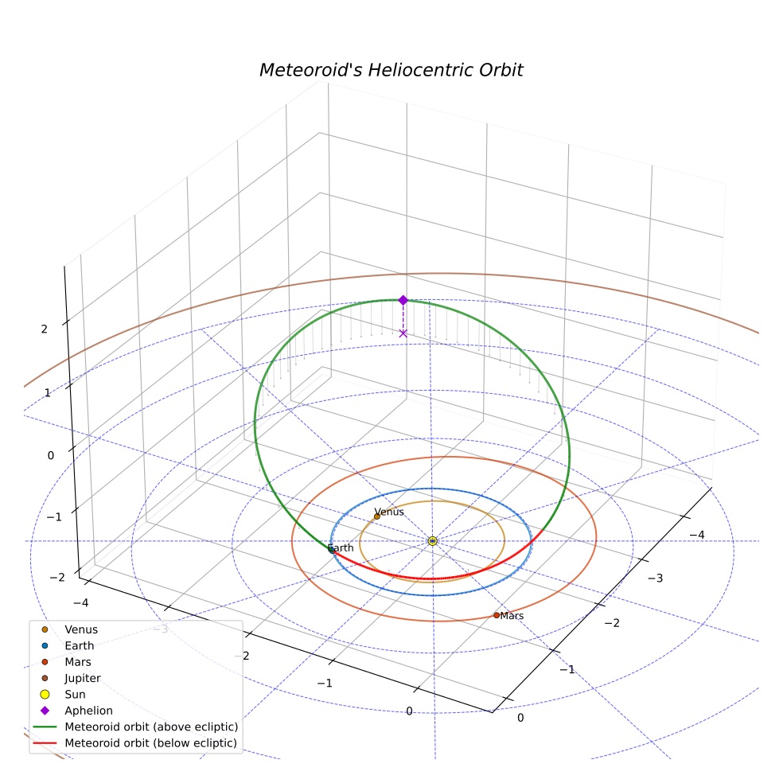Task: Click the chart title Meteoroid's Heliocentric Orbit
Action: coord(391,70)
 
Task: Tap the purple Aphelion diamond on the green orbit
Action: coord(403,300)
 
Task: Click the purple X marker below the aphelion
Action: coord(403,333)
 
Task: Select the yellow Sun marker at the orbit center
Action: coord(432,541)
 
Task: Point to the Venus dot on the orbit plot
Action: coord(377,516)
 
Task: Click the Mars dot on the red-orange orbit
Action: coord(497,615)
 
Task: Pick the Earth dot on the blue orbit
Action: coord(330,549)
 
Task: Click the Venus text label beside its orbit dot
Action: coord(389,512)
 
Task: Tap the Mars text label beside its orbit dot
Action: coord(512,616)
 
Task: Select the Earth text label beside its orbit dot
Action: coord(341,547)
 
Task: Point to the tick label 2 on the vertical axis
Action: coord(45,329)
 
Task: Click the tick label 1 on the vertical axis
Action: coord(48,393)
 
